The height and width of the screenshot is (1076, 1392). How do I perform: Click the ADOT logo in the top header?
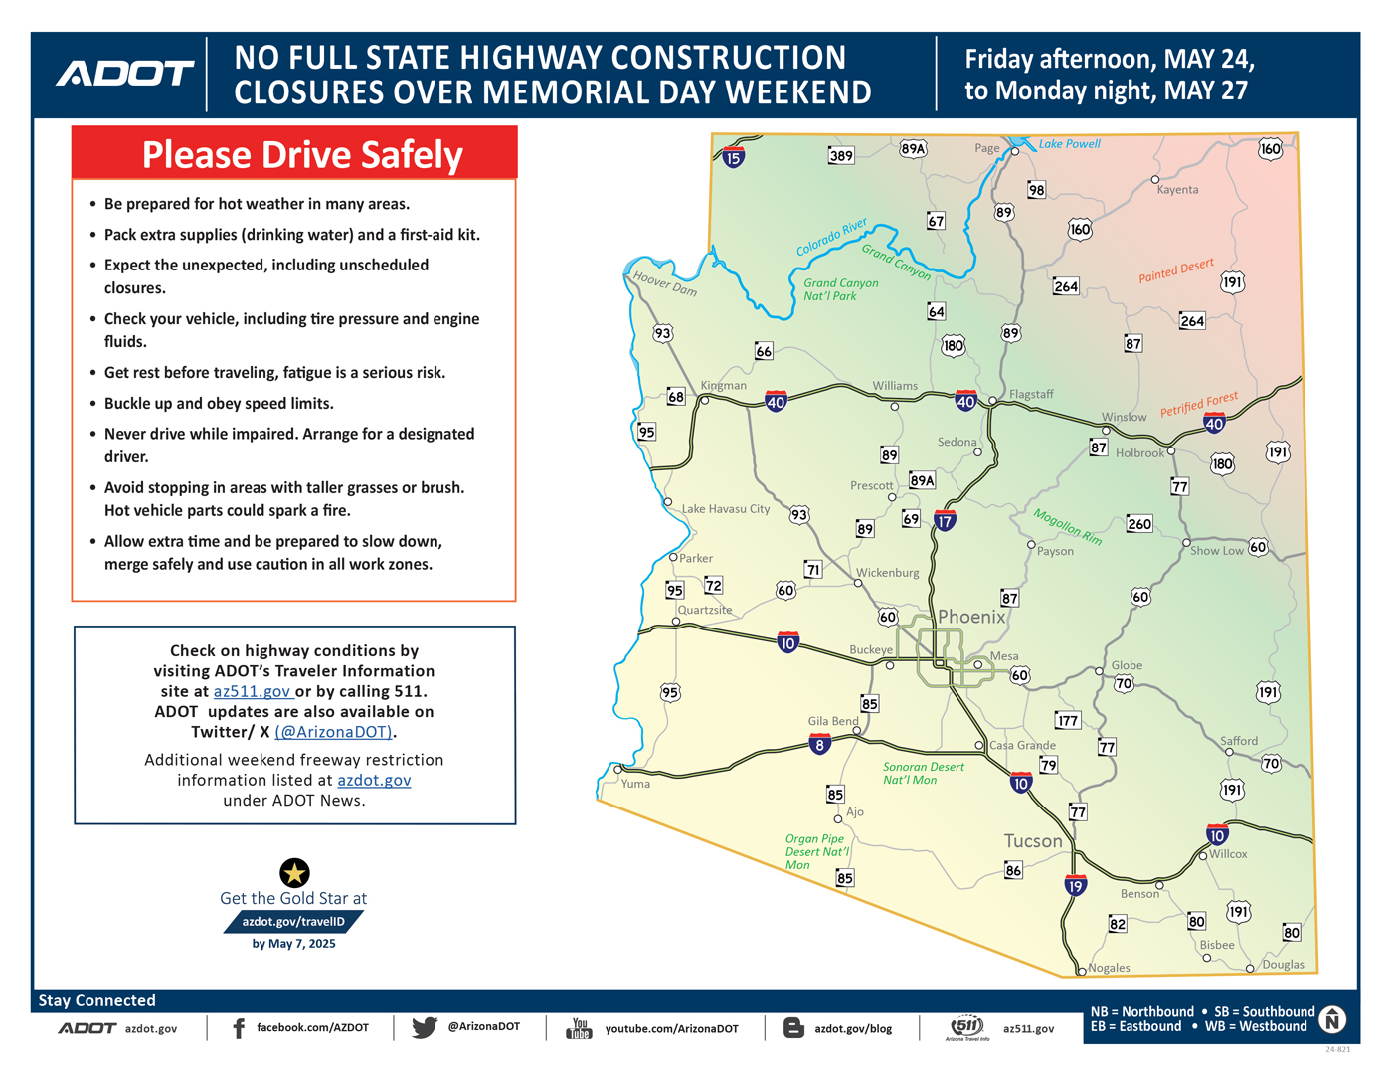coord(125,74)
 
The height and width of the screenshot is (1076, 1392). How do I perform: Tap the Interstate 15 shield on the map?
coord(733,156)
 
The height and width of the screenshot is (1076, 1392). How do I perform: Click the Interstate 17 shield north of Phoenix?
coord(944,520)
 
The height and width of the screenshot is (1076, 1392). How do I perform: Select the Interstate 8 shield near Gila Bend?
coord(819,744)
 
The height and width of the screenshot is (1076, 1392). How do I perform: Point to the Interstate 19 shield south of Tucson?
coord(1074,885)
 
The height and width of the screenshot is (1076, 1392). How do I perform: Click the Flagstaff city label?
coord(1031,394)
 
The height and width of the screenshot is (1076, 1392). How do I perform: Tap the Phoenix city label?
coord(971,617)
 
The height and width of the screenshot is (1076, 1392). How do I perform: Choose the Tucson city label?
coord(1033,841)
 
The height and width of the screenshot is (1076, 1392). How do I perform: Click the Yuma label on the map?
coord(635,784)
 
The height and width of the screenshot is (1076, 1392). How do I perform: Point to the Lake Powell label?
coord(1069,144)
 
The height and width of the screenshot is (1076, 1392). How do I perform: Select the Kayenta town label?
coord(1177,190)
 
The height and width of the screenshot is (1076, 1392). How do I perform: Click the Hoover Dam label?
coord(665,284)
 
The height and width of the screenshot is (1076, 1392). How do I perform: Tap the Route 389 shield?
coord(841,155)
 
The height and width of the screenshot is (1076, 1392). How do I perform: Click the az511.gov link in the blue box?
coord(253,691)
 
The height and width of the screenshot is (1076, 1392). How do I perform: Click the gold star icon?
coord(294,873)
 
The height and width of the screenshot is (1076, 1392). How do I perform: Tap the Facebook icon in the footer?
coord(239,1028)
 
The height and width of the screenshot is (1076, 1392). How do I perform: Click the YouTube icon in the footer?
coord(579,1028)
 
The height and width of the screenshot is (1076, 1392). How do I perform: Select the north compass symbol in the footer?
coord(1332,1019)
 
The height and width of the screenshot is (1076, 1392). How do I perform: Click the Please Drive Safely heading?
coord(302,155)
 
